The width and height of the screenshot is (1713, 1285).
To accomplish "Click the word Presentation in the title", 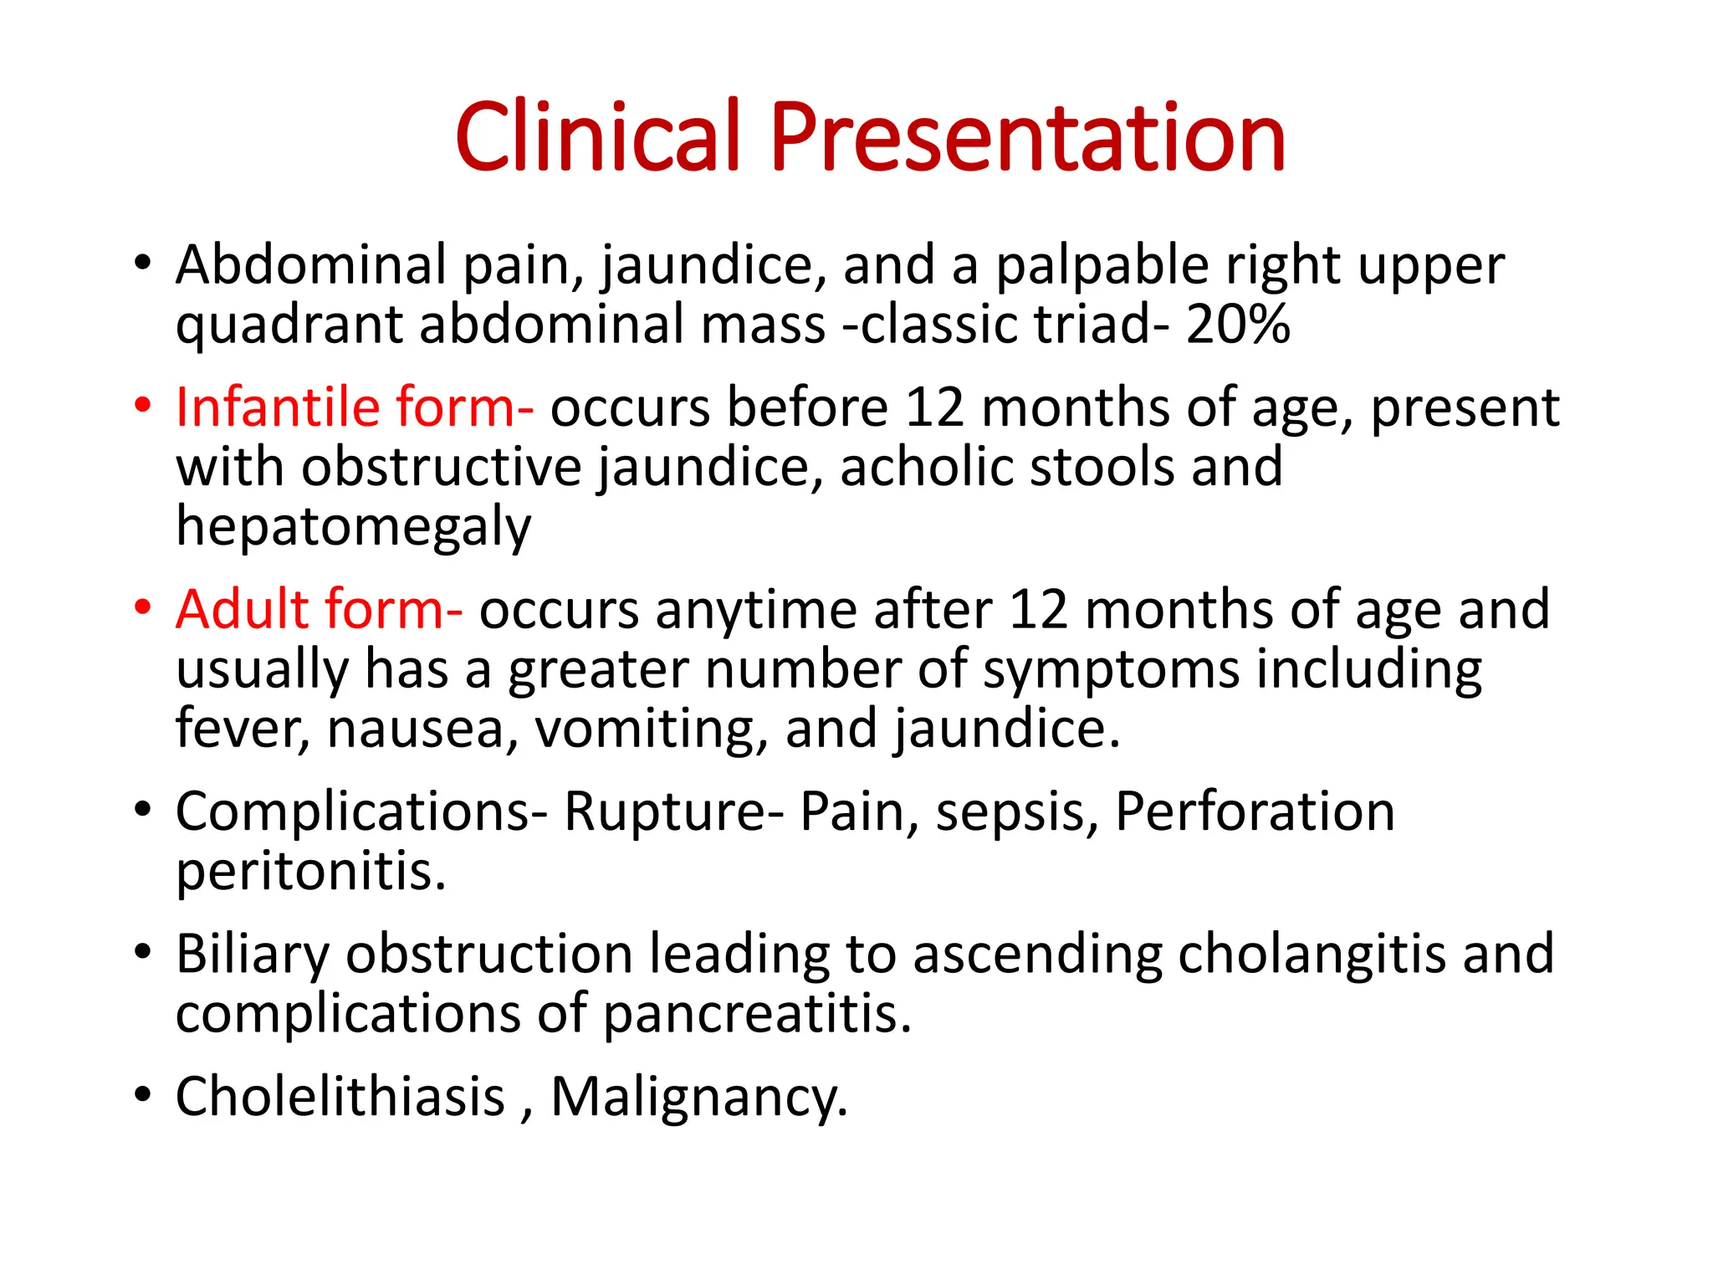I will click(1027, 138).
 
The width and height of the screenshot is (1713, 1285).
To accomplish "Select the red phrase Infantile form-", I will click(354, 407).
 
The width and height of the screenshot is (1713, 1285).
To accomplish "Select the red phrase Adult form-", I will click(319, 609).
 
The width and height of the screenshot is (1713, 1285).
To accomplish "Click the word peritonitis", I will click(310, 872).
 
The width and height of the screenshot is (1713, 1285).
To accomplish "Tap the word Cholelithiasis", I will click(340, 1097).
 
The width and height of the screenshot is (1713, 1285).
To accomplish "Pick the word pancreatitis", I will click(756, 1015).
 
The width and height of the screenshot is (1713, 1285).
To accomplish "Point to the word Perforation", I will click(1255, 811).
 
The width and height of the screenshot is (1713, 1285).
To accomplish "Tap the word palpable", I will click(1102, 266).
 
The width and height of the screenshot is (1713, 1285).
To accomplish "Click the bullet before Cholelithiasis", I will click(143, 1094).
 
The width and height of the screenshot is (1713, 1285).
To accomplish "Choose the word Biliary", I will click(253, 955).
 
